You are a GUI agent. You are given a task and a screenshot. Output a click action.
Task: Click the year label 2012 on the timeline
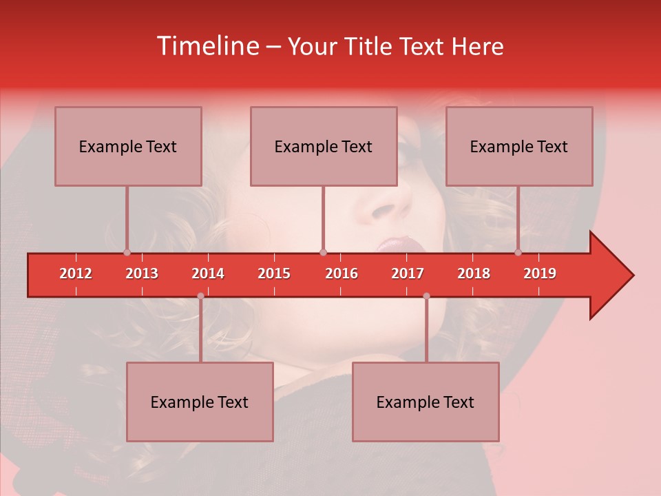[x=76, y=273]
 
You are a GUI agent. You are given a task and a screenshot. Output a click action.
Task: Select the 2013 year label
[x=142, y=273]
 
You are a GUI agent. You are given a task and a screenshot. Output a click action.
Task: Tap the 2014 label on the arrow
[x=208, y=273]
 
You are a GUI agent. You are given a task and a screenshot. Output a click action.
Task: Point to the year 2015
[x=274, y=273]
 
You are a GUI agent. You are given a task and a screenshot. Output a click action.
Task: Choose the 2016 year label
[x=342, y=273]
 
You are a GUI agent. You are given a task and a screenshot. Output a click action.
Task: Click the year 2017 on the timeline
[x=408, y=273]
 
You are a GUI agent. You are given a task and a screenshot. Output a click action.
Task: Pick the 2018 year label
[x=474, y=273]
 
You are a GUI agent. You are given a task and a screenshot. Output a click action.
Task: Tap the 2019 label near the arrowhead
[x=540, y=273]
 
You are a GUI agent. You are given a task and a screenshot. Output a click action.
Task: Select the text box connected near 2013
[x=128, y=146]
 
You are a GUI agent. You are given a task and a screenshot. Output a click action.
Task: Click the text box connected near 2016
[x=324, y=146]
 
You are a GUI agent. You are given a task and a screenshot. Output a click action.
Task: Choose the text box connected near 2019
[x=519, y=146]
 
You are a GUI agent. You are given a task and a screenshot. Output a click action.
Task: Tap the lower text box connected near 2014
[x=200, y=402]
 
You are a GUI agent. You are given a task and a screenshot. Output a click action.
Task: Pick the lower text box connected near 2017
[x=426, y=402]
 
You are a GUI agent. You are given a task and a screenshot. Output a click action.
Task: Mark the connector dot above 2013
[x=127, y=252]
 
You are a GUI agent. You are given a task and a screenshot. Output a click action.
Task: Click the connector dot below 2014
[x=200, y=296]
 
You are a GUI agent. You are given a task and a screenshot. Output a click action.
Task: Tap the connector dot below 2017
[x=426, y=296]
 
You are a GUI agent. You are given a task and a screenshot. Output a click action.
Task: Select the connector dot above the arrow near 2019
[x=518, y=252]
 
